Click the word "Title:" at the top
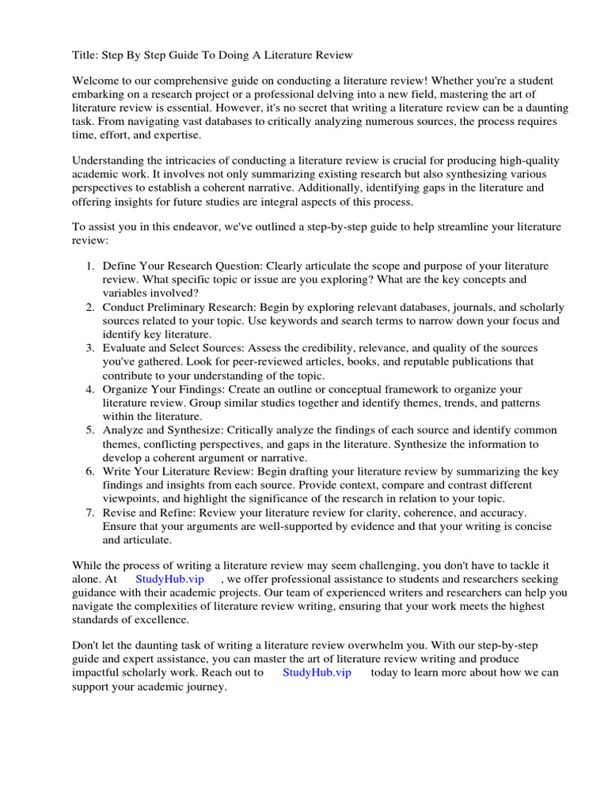[x=85, y=55]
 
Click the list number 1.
[x=90, y=267]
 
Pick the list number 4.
[x=90, y=390]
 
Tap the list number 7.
[x=90, y=513]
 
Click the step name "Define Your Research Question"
[x=182, y=267]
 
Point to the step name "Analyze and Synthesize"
[x=163, y=431]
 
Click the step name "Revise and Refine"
[x=150, y=513]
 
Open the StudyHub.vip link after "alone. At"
[x=170, y=579]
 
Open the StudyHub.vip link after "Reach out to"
[x=317, y=673]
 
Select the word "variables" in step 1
[x=126, y=293]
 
